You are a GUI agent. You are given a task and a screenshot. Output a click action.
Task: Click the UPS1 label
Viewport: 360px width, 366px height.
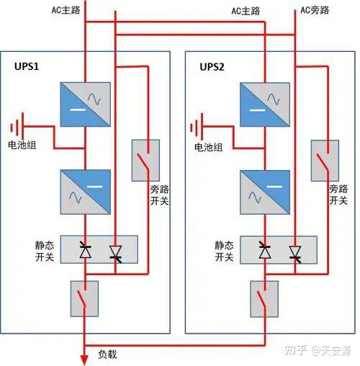pyautogui.click(x=27, y=66)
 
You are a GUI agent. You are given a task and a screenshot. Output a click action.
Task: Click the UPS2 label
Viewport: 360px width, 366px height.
pyautogui.click(x=212, y=67)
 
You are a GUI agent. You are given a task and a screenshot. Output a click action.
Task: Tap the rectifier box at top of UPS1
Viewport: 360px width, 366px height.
pyautogui.click(x=86, y=104)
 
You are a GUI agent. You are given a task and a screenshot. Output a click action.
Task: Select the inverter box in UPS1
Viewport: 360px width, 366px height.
pyautogui.click(x=86, y=192)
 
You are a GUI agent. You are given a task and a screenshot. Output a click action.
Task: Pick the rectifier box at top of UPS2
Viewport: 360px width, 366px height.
pyautogui.click(x=265, y=104)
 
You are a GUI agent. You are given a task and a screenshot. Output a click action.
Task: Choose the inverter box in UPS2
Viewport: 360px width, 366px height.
pyautogui.click(x=265, y=192)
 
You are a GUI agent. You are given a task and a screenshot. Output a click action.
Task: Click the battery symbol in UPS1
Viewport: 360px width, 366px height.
pyautogui.click(x=17, y=127)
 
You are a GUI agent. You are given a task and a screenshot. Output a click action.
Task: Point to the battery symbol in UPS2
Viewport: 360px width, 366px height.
pyautogui.click(x=197, y=127)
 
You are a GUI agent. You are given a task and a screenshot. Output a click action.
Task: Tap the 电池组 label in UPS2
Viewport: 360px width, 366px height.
pyautogui.click(x=208, y=147)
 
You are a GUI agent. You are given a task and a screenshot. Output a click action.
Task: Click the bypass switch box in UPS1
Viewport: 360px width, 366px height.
pyautogui.click(x=145, y=161)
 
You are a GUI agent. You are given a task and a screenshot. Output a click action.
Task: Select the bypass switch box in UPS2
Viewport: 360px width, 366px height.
pyautogui.click(x=325, y=161)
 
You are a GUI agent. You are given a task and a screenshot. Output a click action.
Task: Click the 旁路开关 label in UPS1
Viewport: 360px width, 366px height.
pyautogui.click(x=159, y=195)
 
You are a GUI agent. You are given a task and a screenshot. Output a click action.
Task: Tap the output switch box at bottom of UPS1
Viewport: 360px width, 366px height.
pyautogui.click(x=84, y=299)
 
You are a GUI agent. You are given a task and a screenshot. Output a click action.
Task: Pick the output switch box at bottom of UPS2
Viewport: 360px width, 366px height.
pyautogui.click(x=264, y=299)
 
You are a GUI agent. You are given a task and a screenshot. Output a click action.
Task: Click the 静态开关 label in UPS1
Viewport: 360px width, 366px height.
pyautogui.click(x=45, y=251)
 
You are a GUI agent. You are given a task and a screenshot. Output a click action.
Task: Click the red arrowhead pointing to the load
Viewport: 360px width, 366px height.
pyautogui.click(x=84, y=360)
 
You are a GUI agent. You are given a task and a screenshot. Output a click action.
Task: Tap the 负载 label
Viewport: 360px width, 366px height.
pyautogui.click(x=107, y=354)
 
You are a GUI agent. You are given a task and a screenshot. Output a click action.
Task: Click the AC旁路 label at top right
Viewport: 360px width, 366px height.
pyautogui.click(x=315, y=10)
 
